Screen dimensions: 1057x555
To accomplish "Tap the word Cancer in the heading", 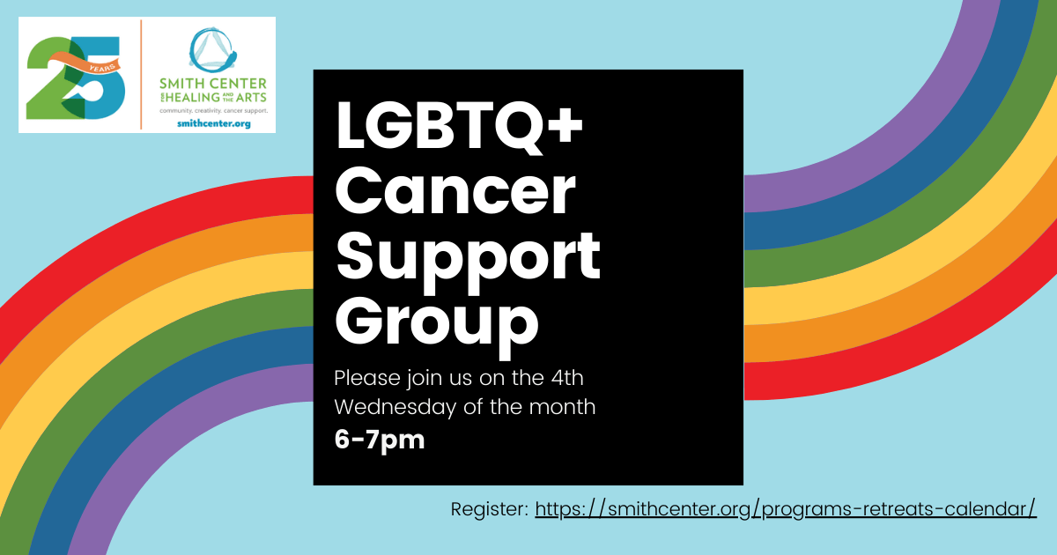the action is click(455, 192).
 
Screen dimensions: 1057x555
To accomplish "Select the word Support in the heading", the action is click(468, 261).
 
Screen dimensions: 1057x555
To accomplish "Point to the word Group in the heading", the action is click(437, 325).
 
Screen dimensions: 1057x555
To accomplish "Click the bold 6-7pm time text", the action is click(380, 440).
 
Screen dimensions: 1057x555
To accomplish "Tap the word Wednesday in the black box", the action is click(395, 408).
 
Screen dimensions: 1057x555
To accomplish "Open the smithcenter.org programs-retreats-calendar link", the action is click(786, 509).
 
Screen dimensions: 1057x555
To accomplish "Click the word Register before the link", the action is click(490, 510).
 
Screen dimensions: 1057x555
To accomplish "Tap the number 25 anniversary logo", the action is click(76, 78).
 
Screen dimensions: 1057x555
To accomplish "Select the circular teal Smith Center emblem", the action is click(212, 49).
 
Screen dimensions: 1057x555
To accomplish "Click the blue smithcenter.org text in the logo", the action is click(214, 123).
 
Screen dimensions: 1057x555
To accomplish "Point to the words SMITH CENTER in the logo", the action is click(213, 84).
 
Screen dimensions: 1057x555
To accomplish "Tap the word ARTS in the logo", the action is click(251, 97).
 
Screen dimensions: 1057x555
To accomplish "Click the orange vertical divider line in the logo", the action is click(141, 74).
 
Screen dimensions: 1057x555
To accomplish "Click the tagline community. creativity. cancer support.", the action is click(214, 111).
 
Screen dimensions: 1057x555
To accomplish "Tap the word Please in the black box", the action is click(367, 378).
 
